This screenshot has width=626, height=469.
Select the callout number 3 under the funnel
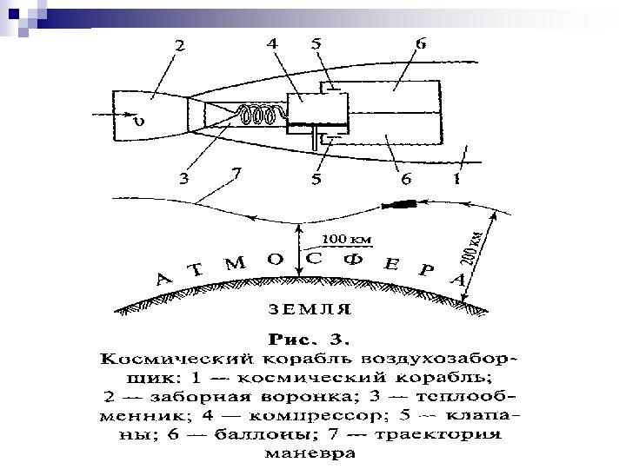click(x=183, y=180)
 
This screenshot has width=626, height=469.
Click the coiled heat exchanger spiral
click(x=258, y=115)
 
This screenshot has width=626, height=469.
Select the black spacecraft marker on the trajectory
click(x=405, y=206)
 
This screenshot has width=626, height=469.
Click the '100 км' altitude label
click(x=348, y=238)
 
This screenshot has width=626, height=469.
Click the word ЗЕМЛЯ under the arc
click(x=308, y=308)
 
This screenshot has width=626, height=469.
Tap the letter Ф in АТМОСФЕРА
click(x=353, y=258)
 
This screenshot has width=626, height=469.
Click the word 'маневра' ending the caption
click(x=314, y=453)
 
